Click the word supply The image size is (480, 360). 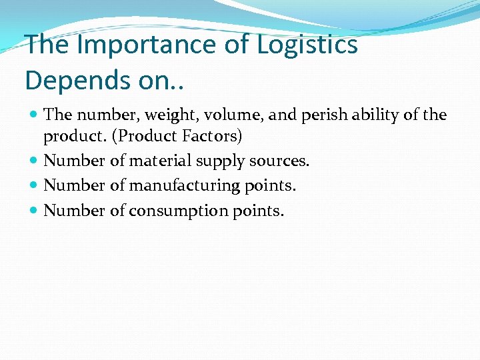219,161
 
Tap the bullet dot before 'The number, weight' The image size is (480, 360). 33,115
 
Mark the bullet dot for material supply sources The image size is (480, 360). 33,161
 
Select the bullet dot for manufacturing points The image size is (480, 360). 33,185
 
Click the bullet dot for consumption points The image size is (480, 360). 33,211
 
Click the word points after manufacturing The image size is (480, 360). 271,185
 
